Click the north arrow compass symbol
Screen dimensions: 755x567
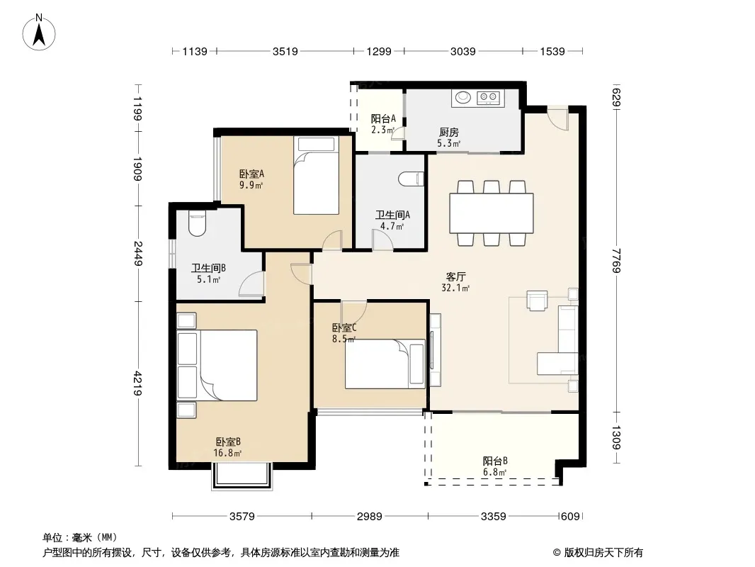click(39, 33)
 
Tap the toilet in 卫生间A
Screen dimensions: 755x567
click(411, 179)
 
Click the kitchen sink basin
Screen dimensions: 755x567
click(463, 97)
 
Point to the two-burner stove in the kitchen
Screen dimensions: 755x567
click(488, 98)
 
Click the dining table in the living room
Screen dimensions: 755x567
click(491, 213)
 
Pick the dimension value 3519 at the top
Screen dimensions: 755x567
click(285, 51)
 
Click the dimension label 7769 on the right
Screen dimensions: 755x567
click(616, 260)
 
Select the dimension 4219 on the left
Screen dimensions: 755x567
click(137, 383)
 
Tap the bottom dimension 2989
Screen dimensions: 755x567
click(369, 517)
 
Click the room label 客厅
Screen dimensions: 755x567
click(455, 276)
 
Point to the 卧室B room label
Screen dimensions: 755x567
click(228, 442)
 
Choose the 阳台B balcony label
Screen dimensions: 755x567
click(495, 461)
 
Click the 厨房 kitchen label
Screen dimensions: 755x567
click(449, 132)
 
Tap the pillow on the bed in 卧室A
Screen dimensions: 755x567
click(316, 144)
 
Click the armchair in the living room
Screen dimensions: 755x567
click(537, 300)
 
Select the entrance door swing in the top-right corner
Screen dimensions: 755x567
click(558, 118)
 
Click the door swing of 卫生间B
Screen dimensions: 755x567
click(252, 283)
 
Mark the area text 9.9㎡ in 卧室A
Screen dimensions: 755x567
click(251, 184)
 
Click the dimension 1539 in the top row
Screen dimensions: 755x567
click(552, 51)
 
